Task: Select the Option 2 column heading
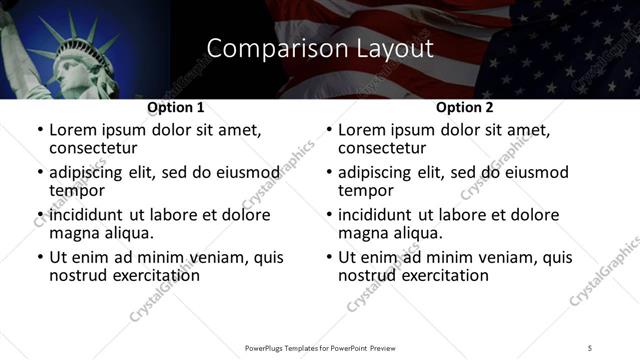464,106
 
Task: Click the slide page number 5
590,347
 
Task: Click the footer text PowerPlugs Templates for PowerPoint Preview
320,347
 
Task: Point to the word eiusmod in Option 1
243,172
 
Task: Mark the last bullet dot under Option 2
329,257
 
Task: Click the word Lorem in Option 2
361,130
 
